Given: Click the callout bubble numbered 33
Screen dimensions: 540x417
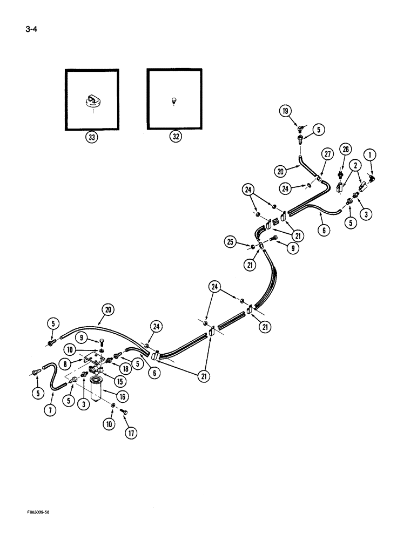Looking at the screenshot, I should [x=92, y=137].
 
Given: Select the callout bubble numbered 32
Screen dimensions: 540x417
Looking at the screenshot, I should [x=174, y=137].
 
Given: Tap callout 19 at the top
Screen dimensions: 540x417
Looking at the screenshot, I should [x=285, y=112].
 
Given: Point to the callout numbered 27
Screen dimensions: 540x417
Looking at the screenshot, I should [x=327, y=154].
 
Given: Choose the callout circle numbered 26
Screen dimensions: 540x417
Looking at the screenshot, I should [x=346, y=149].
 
